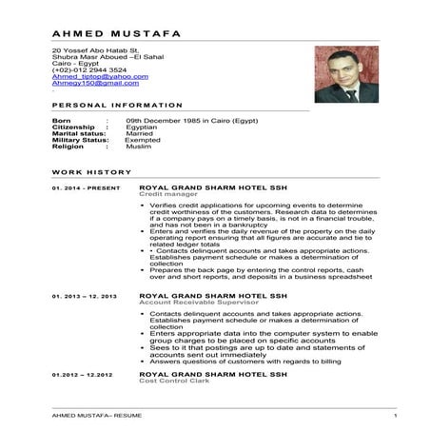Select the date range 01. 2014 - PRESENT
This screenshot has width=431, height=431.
pos(87,188)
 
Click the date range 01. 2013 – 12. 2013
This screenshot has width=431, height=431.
pos(85,297)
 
